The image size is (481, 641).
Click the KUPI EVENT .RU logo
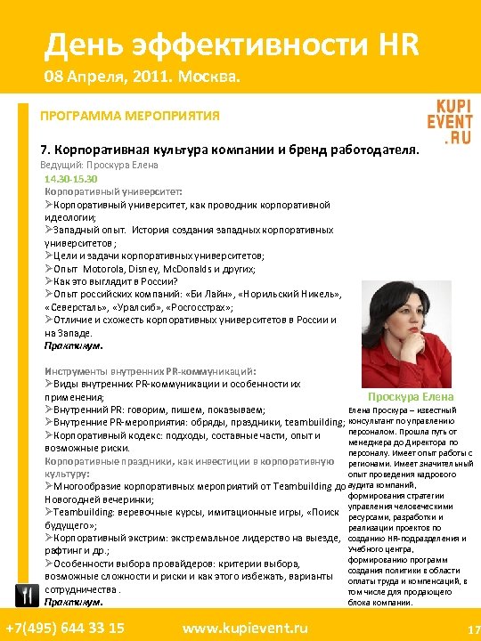pyautogui.click(x=449, y=121)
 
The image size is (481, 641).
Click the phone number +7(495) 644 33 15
pyautogui.click(x=64, y=628)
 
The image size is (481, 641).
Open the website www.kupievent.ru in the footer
pyautogui.click(x=245, y=628)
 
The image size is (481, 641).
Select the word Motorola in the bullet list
pyautogui.click(x=103, y=268)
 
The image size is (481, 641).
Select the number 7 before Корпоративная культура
pyautogui.click(x=45, y=150)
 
